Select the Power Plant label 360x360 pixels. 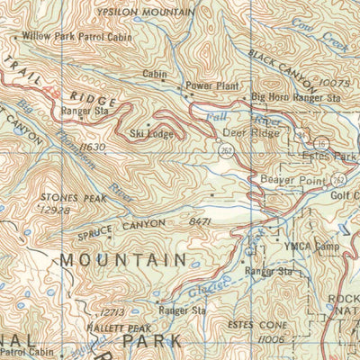point(211,85)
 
